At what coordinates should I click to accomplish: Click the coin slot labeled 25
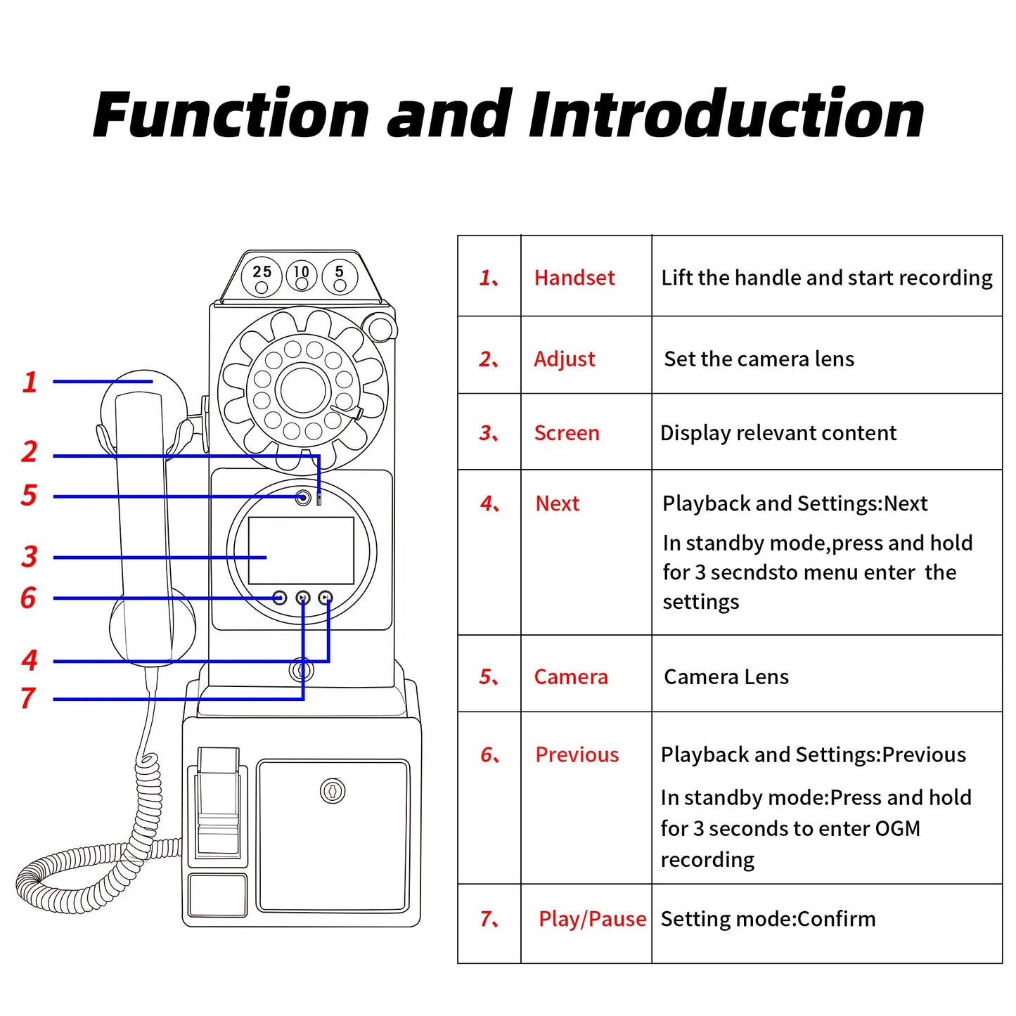(262, 276)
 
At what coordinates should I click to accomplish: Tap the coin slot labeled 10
(302, 276)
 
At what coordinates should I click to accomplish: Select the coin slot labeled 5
(340, 276)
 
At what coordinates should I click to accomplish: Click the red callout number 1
(30, 382)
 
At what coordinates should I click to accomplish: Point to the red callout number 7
(28, 698)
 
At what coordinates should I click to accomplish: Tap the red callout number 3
(29, 557)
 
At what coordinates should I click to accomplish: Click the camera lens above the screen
(303, 498)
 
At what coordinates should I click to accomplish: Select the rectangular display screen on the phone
(301, 551)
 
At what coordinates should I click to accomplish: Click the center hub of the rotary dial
(303, 390)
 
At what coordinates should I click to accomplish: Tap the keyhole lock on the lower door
(333, 791)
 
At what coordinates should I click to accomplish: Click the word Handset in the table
(574, 278)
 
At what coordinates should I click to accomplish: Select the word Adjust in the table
(564, 359)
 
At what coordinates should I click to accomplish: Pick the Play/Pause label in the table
(592, 919)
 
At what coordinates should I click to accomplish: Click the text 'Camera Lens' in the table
(726, 676)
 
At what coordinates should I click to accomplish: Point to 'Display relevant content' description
(778, 433)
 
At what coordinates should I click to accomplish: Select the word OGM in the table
(897, 828)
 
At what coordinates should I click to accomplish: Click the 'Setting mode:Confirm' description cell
(768, 919)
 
